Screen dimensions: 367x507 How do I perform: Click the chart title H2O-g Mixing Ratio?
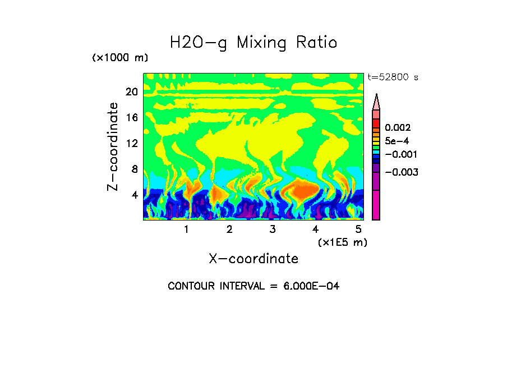pos(253,43)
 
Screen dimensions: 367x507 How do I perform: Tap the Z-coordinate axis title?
pos(113,146)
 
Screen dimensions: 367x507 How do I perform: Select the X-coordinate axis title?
pos(253,259)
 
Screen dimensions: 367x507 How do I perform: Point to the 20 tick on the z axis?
pos(131,92)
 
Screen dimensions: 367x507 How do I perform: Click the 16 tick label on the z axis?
pos(131,118)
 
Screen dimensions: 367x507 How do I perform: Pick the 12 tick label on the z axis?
pos(131,144)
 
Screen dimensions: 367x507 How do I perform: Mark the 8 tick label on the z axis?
pos(134,169)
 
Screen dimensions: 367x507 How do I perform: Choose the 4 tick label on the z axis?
pos(134,195)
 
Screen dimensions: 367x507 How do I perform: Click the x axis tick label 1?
pos(186,230)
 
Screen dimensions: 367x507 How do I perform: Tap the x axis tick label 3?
pos(273,230)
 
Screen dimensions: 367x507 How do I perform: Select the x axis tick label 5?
pos(358,230)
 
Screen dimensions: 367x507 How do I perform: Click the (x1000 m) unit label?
pos(120,58)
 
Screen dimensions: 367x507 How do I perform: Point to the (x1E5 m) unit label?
pos(342,242)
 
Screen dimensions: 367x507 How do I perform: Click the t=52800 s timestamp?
pos(393,77)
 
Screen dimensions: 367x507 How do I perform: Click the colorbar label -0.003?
pos(403,172)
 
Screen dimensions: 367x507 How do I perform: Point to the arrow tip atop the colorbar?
pos(376,95)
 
